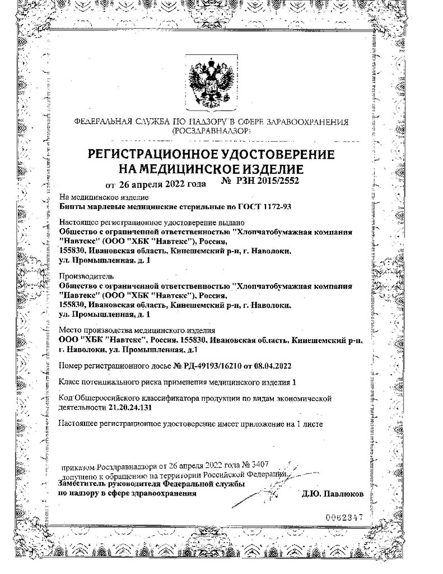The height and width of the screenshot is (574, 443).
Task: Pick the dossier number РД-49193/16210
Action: (209, 366)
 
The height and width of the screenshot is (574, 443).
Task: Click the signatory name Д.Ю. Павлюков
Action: (333, 494)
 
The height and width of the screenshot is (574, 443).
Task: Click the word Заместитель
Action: (81, 484)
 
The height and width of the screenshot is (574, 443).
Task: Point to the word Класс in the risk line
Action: (69, 382)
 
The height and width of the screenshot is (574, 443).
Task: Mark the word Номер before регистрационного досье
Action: (71, 366)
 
